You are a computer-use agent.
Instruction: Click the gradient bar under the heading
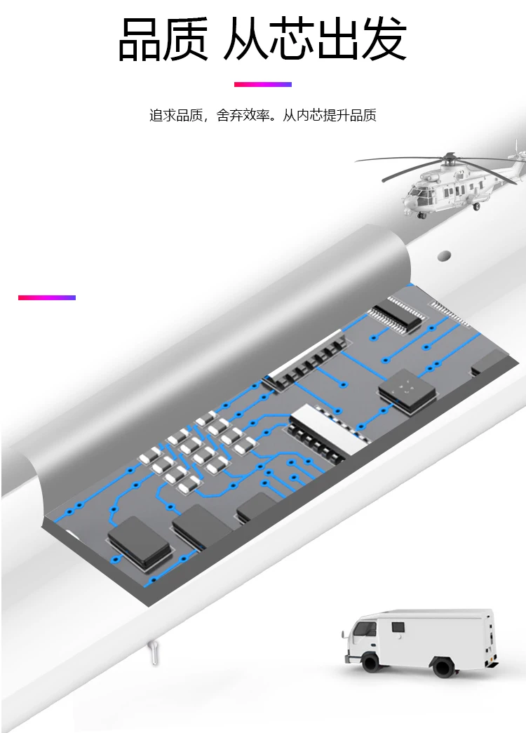[x=262, y=84]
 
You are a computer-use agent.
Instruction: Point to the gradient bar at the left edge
[x=46, y=297]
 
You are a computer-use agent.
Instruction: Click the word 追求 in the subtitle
[x=162, y=116]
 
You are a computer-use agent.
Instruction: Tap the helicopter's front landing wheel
[x=422, y=215]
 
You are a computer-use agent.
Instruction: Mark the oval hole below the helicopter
[x=443, y=254]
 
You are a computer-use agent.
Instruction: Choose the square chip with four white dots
[x=407, y=386]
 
